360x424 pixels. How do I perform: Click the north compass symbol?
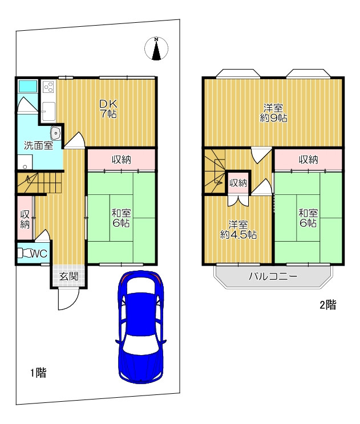click(156, 48)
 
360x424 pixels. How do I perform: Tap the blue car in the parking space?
click(141, 327)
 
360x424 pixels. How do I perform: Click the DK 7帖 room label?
click(108, 109)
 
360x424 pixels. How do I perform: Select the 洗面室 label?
click(38, 145)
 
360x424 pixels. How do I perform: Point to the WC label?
click(39, 254)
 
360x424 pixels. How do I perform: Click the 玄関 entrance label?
click(69, 276)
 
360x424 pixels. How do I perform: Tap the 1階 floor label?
click(38, 373)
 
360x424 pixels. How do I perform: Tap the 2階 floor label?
click(328, 305)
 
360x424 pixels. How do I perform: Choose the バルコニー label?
click(273, 276)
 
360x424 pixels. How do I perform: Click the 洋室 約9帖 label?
click(273, 113)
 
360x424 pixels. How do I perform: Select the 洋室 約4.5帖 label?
click(238, 230)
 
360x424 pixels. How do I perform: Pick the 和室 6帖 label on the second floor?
click(308, 218)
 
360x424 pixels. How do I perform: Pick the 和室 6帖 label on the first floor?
click(122, 218)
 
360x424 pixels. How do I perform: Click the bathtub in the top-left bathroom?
click(27, 86)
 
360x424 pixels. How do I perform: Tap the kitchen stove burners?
click(48, 87)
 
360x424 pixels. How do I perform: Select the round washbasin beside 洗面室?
click(56, 133)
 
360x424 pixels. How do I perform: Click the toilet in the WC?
click(25, 254)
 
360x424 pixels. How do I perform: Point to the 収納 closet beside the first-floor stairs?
click(25, 218)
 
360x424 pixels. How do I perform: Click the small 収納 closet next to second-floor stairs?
click(238, 183)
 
